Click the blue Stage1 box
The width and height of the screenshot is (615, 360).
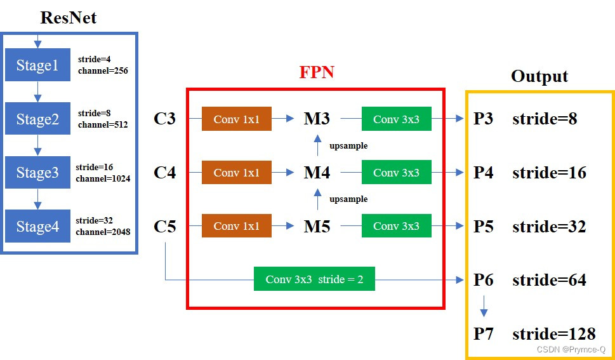(37, 65)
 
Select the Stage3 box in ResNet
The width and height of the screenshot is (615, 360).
(37, 173)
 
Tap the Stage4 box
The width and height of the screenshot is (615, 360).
(37, 227)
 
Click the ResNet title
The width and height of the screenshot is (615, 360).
(69, 17)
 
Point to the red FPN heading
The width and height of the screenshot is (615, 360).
(317, 72)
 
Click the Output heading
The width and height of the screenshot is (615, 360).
(539, 77)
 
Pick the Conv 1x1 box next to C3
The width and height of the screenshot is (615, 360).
(236, 119)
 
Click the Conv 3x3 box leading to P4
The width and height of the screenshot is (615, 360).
(396, 173)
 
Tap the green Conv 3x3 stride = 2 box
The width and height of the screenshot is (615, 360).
(314, 279)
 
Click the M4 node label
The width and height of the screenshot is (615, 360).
(317, 173)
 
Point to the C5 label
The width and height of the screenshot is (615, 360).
(165, 227)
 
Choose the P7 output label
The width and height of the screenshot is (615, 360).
(484, 334)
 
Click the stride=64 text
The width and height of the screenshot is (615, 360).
(549, 280)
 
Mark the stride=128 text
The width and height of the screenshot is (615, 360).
(553, 334)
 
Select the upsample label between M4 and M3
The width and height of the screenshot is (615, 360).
(348, 146)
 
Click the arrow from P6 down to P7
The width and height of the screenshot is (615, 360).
(484, 307)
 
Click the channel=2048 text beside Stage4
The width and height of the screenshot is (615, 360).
(103, 232)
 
